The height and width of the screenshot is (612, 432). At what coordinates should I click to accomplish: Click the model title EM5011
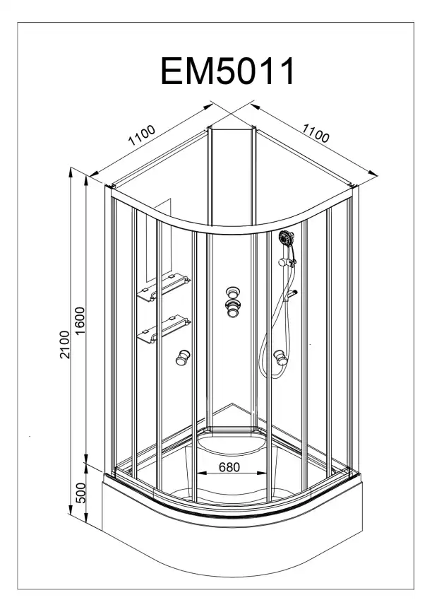(x=227, y=71)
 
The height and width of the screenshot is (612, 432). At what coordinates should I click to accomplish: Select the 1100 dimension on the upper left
(x=142, y=135)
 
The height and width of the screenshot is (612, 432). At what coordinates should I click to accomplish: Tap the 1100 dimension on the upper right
(x=316, y=133)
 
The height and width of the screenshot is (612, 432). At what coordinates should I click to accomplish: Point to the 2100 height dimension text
(x=64, y=344)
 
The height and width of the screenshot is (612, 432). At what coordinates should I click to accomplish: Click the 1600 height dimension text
(x=80, y=321)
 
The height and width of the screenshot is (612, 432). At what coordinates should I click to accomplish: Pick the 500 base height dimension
(x=80, y=493)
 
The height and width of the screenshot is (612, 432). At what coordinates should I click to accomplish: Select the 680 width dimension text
(x=229, y=467)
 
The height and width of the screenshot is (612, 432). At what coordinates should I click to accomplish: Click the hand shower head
(x=287, y=237)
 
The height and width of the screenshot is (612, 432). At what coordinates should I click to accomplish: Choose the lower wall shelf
(x=164, y=329)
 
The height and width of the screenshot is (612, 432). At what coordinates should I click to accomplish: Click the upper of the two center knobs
(x=233, y=293)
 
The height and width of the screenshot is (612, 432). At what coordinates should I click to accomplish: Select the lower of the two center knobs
(x=233, y=308)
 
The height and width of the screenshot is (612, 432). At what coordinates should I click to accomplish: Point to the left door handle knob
(x=182, y=358)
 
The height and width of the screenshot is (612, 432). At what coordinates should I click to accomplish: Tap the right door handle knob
(x=280, y=358)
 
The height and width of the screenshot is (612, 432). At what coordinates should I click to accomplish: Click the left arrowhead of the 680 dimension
(x=200, y=473)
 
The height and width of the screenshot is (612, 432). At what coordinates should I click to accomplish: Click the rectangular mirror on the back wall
(x=159, y=240)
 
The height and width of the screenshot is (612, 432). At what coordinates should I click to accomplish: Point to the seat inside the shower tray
(x=233, y=445)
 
